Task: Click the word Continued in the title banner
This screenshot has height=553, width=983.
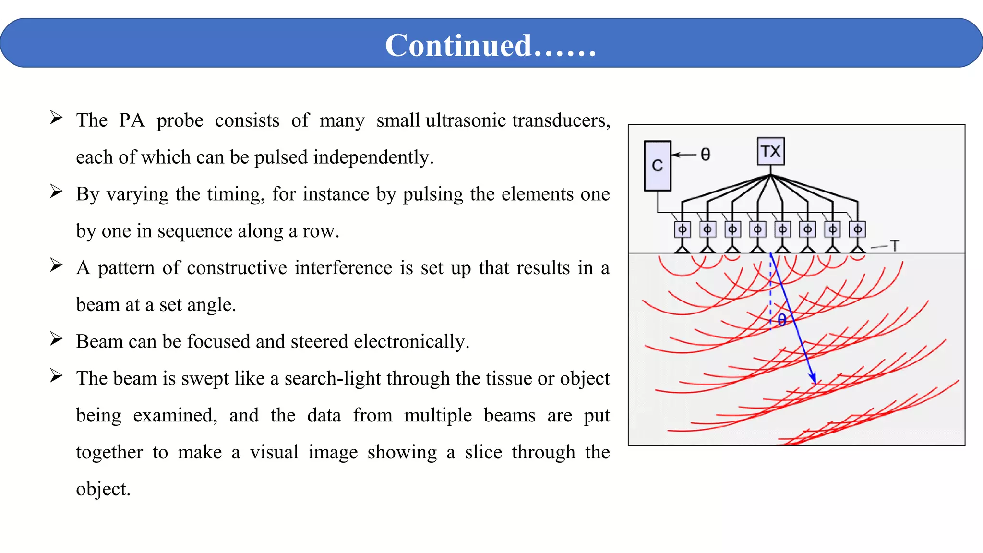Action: coord(458,46)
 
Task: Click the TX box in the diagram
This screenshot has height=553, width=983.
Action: coord(770,152)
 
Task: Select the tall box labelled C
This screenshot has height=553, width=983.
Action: coord(657,166)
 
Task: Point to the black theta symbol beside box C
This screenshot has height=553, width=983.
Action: coord(705,155)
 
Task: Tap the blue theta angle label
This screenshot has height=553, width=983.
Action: coord(782,320)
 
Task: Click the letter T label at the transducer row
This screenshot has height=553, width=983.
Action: coord(894,246)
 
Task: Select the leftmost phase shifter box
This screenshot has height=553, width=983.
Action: coord(682,229)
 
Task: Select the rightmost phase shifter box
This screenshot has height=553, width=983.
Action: coord(857,229)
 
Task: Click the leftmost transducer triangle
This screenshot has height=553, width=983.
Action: coord(682,249)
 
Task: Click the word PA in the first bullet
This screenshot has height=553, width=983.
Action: coord(132,120)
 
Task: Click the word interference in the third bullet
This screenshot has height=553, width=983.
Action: coord(343,268)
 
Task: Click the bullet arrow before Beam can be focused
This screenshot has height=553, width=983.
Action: coord(56,339)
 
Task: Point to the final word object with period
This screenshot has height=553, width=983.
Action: coord(103,489)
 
